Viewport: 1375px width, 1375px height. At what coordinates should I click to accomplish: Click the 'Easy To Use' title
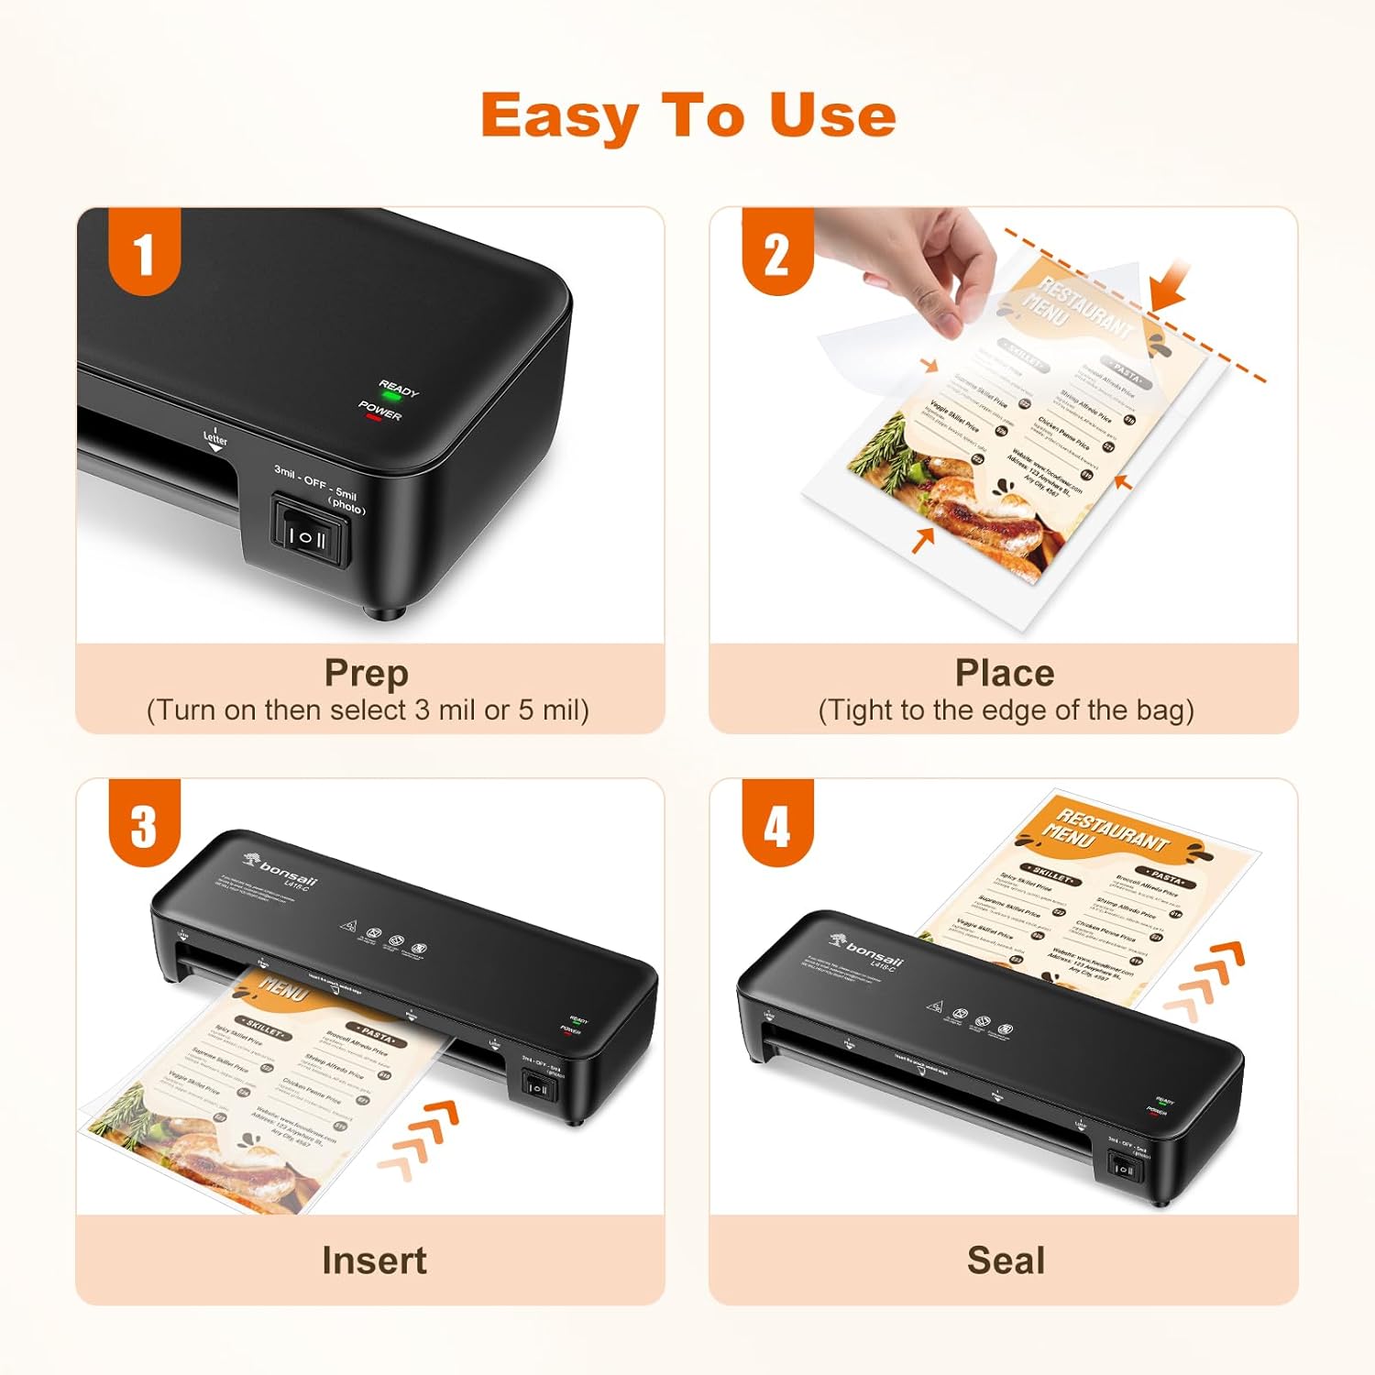[x=687, y=116]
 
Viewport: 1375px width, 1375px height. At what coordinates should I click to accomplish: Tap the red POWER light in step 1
[x=372, y=417]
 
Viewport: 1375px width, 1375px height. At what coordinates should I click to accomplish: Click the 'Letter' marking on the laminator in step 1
[x=215, y=439]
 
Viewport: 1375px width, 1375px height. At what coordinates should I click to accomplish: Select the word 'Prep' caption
[x=366, y=673]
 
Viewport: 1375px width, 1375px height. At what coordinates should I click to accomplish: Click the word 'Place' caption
[x=1005, y=673]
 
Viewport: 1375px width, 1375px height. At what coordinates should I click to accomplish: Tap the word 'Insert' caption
[x=374, y=1260]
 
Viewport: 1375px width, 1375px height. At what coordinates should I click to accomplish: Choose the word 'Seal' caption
[x=1006, y=1260]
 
